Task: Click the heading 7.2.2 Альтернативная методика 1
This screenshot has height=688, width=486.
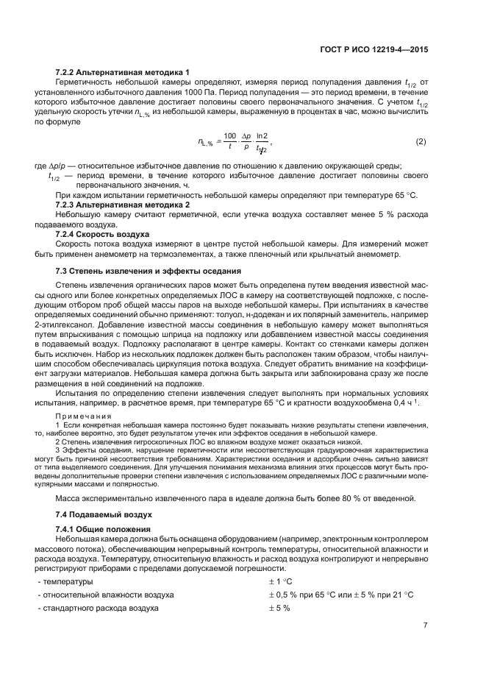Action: (x=123, y=71)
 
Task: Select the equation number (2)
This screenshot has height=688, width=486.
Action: (x=421, y=141)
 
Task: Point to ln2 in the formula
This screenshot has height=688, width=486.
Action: (x=261, y=137)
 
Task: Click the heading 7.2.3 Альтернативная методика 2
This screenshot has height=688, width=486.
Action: (x=123, y=203)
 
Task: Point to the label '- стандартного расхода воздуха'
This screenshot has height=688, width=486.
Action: (x=98, y=608)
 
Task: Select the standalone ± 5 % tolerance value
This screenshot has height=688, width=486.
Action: (x=279, y=608)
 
